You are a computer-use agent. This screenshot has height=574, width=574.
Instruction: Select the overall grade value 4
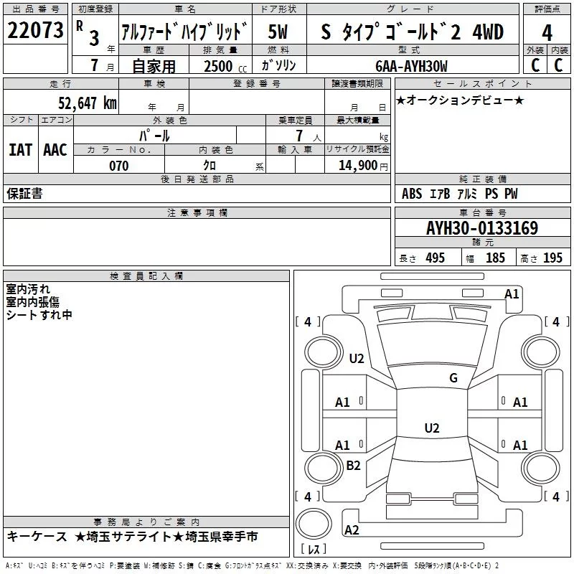[x=547, y=32]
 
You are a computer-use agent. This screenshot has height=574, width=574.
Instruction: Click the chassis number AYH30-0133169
[x=481, y=229]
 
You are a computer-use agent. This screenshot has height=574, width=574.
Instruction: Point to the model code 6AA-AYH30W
[x=411, y=67]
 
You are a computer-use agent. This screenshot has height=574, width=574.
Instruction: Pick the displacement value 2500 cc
[x=220, y=67]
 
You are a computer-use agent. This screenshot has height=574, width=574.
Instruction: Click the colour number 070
[x=118, y=166]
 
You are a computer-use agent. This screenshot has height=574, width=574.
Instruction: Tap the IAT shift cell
[x=20, y=150]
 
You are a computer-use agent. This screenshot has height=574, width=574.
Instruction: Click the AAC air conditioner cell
[x=55, y=150]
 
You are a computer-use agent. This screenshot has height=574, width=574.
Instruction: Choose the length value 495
[x=434, y=258]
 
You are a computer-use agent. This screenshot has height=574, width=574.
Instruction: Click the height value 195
[x=552, y=258]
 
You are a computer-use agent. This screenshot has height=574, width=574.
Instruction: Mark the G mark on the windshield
[x=453, y=378]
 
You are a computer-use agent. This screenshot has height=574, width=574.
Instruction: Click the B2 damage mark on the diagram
[x=354, y=466]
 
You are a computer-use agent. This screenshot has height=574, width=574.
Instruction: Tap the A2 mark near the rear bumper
[x=352, y=530]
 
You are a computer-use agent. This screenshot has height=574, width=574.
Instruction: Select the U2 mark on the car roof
[x=431, y=428]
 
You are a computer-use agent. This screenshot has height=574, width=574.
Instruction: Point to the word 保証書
[x=24, y=193]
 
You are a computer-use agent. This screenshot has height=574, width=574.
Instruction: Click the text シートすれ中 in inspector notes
[x=39, y=315]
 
